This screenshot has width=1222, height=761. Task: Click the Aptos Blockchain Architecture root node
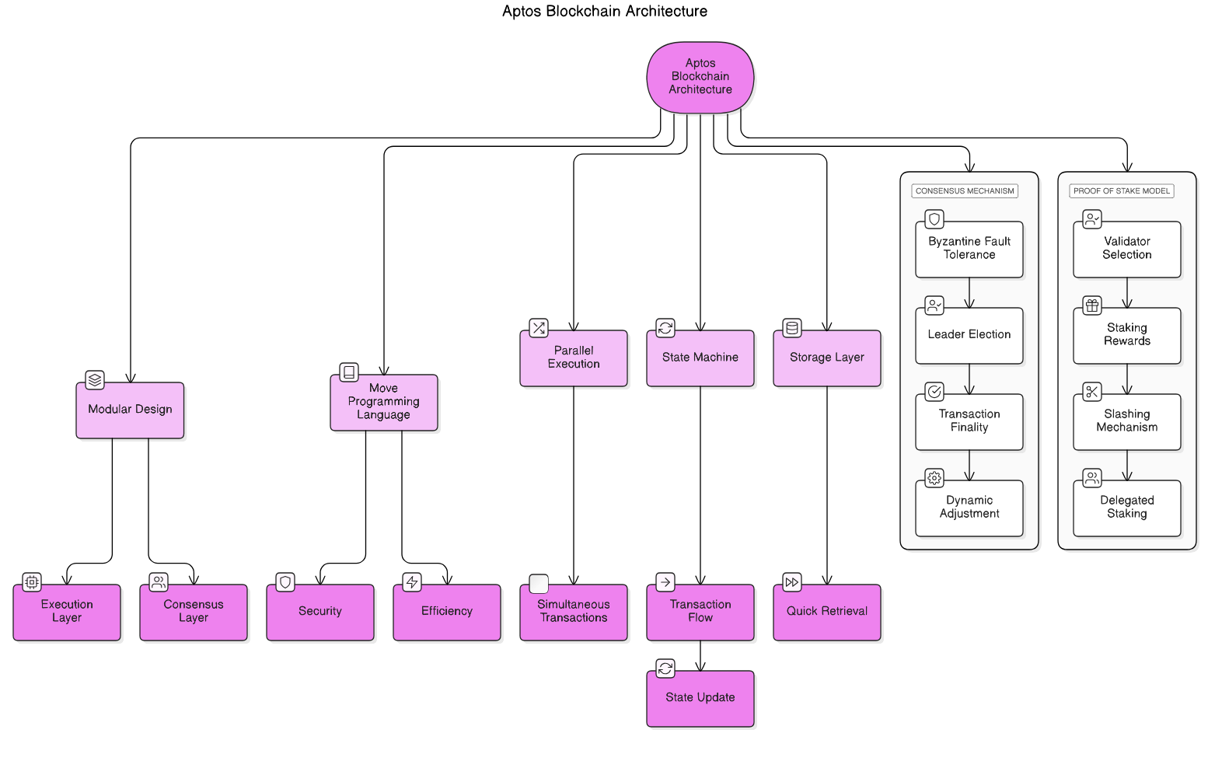click(x=700, y=77)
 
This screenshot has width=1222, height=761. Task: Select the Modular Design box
click(x=130, y=410)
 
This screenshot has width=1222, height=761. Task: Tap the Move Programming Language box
click(x=383, y=402)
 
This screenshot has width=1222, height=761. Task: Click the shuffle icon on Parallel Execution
click(x=539, y=328)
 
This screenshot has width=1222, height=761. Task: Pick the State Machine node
click(x=700, y=358)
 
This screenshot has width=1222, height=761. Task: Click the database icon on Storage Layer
click(x=792, y=328)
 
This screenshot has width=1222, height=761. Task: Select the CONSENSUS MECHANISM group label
click(x=965, y=190)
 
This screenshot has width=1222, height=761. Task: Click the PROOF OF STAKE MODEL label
click(x=1121, y=190)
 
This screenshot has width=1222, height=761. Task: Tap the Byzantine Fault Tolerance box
click(x=969, y=249)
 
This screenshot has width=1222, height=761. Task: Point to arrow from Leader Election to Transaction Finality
click(x=969, y=379)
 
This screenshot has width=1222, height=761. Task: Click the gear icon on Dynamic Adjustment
click(x=934, y=477)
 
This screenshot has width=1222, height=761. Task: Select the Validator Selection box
click(x=1126, y=249)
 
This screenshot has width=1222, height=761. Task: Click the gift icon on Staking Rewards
click(x=1092, y=305)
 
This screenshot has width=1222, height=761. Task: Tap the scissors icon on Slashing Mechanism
click(x=1092, y=391)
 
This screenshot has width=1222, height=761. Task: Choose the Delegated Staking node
click(x=1126, y=508)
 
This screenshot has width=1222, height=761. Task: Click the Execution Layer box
click(x=67, y=612)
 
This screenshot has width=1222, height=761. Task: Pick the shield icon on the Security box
click(x=285, y=581)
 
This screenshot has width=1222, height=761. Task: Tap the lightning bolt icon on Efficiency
click(x=412, y=581)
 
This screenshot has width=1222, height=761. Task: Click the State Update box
click(x=700, y=698)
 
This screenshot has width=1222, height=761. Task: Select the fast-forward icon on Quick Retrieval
click(x=791, y=581)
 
